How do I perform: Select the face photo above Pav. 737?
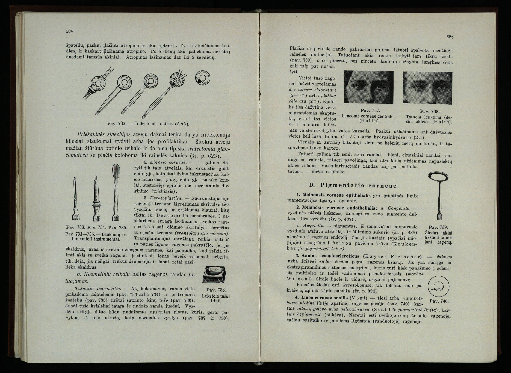(x=368, y=87)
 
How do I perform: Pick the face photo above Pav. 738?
(x=427, y=87)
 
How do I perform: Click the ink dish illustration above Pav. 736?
(x=214, y=274)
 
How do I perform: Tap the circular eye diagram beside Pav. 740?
(x=439, y=286)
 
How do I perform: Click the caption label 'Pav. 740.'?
(x=439, y=301)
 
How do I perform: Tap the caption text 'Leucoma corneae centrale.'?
(x=368, y=116)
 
